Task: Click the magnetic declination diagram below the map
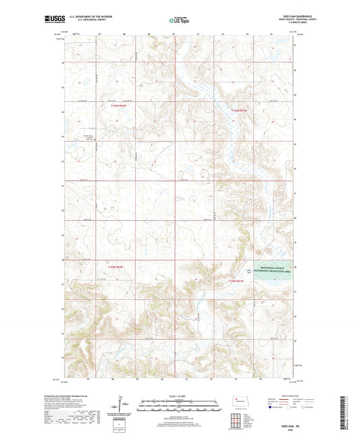click(122, 405)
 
